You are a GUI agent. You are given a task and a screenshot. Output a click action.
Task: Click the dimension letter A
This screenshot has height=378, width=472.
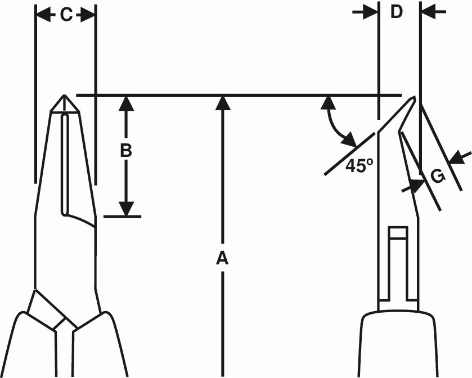click(x=223, y=258)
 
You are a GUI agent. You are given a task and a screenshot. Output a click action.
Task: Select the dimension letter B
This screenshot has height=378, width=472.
click(x=126, y=151)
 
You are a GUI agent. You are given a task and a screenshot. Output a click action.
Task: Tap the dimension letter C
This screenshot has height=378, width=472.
click(x=66, y=15)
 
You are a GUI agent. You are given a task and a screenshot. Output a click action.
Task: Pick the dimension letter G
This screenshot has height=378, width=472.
click(x=438, y=176)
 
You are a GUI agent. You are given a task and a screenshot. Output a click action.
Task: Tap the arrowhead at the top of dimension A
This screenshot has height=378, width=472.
click(x=223, y=102)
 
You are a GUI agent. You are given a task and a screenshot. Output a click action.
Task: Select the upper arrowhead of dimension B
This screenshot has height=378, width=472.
click(x=127, y=102)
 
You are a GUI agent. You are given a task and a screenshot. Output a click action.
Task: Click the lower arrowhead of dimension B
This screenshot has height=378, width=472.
click(x=127, y=209)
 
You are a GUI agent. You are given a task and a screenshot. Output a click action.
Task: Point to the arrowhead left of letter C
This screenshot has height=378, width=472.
click(x=43, y=15)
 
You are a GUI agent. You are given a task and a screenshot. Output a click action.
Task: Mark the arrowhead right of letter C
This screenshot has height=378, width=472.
click(x=88, y=15)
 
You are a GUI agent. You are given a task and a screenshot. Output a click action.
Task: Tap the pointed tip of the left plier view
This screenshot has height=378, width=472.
click(x=65, y=96)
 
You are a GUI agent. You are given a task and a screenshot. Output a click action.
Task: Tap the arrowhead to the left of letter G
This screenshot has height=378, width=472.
click(x=416, y=183)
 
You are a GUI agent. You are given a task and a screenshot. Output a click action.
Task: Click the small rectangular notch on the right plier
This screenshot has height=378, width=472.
click(x=398, y=233)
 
